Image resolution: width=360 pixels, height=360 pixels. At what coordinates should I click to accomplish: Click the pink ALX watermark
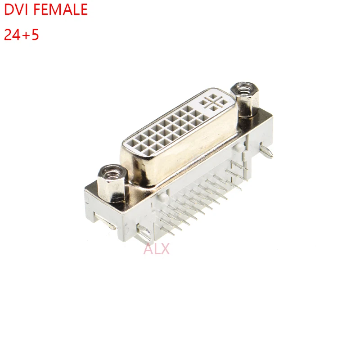(x=156, y=248)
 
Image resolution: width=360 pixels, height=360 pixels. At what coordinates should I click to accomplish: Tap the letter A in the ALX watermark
(x=148, y=248)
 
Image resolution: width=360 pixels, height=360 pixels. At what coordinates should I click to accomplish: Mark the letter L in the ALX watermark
(x=157, y=248)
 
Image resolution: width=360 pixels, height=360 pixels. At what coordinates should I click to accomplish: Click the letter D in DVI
(x=9, y=10)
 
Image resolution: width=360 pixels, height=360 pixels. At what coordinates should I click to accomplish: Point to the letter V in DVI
(x=19, y=10)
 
